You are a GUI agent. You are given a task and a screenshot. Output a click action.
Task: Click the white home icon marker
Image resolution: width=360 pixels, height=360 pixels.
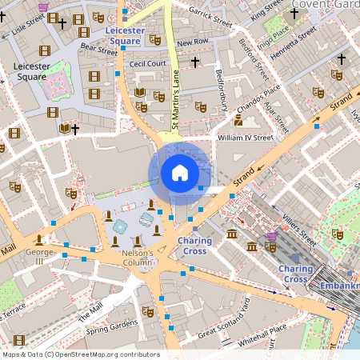pos(180,172)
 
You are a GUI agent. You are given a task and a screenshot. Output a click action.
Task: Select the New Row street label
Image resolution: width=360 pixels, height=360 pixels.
pos(192,42)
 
